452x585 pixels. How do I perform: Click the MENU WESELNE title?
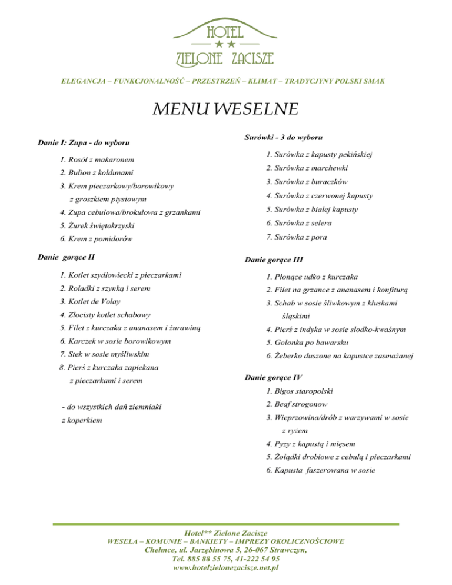click(x=226, y=109)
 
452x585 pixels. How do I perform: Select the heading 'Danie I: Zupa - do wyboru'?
click(x=84, y=142)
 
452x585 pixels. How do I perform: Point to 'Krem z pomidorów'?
click(x=95, y=239)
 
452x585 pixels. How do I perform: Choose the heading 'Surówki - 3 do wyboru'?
click(x=282, y=138)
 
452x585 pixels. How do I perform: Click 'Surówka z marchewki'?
click(x=306, y=168)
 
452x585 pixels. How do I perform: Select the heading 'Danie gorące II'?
click(x=67, y=257)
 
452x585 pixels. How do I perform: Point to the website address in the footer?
click(x=227, y=568)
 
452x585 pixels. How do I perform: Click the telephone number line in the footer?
click(x=227, y=559)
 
